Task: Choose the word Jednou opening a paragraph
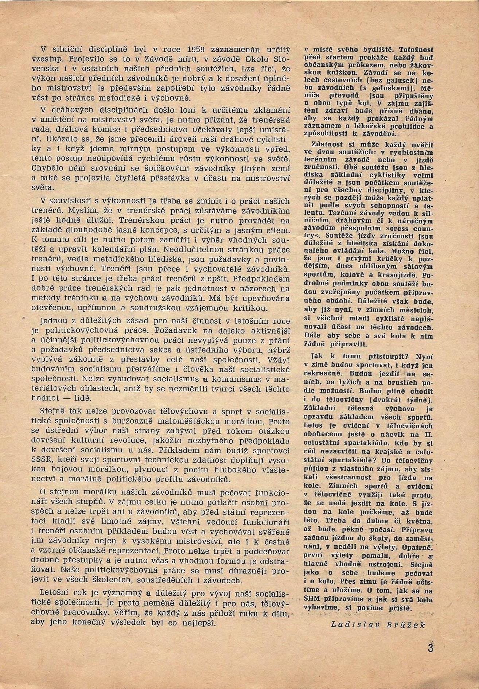(55, 321)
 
